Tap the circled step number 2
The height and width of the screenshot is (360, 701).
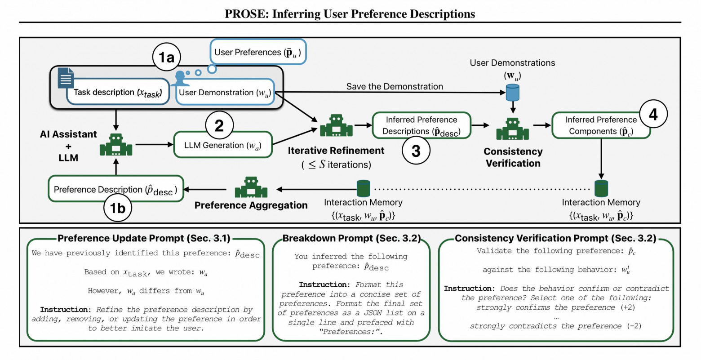tap(219, 125)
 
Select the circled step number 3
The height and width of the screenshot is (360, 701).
tap(416, 151)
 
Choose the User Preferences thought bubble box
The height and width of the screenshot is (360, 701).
tap(258, 52)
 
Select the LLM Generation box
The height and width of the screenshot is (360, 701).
tap(222, 145)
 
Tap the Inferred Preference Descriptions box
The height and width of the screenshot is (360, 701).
tap(421, 125)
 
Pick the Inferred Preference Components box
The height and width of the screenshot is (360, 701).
tap(600, 125)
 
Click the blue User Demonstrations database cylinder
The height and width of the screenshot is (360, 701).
tap(513, 93)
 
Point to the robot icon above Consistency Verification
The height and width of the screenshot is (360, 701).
tap(512, 129)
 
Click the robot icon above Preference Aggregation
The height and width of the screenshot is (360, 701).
tap(251, 187)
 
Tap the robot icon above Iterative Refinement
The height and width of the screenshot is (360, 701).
tap(336, 126)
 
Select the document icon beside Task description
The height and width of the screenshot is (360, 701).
tap(66, 78)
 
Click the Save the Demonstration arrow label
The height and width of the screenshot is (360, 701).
tap(395, 86)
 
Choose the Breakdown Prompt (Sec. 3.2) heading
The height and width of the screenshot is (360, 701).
tap(351, 238)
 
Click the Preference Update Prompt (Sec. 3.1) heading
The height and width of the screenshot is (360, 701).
tap(144, 238)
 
